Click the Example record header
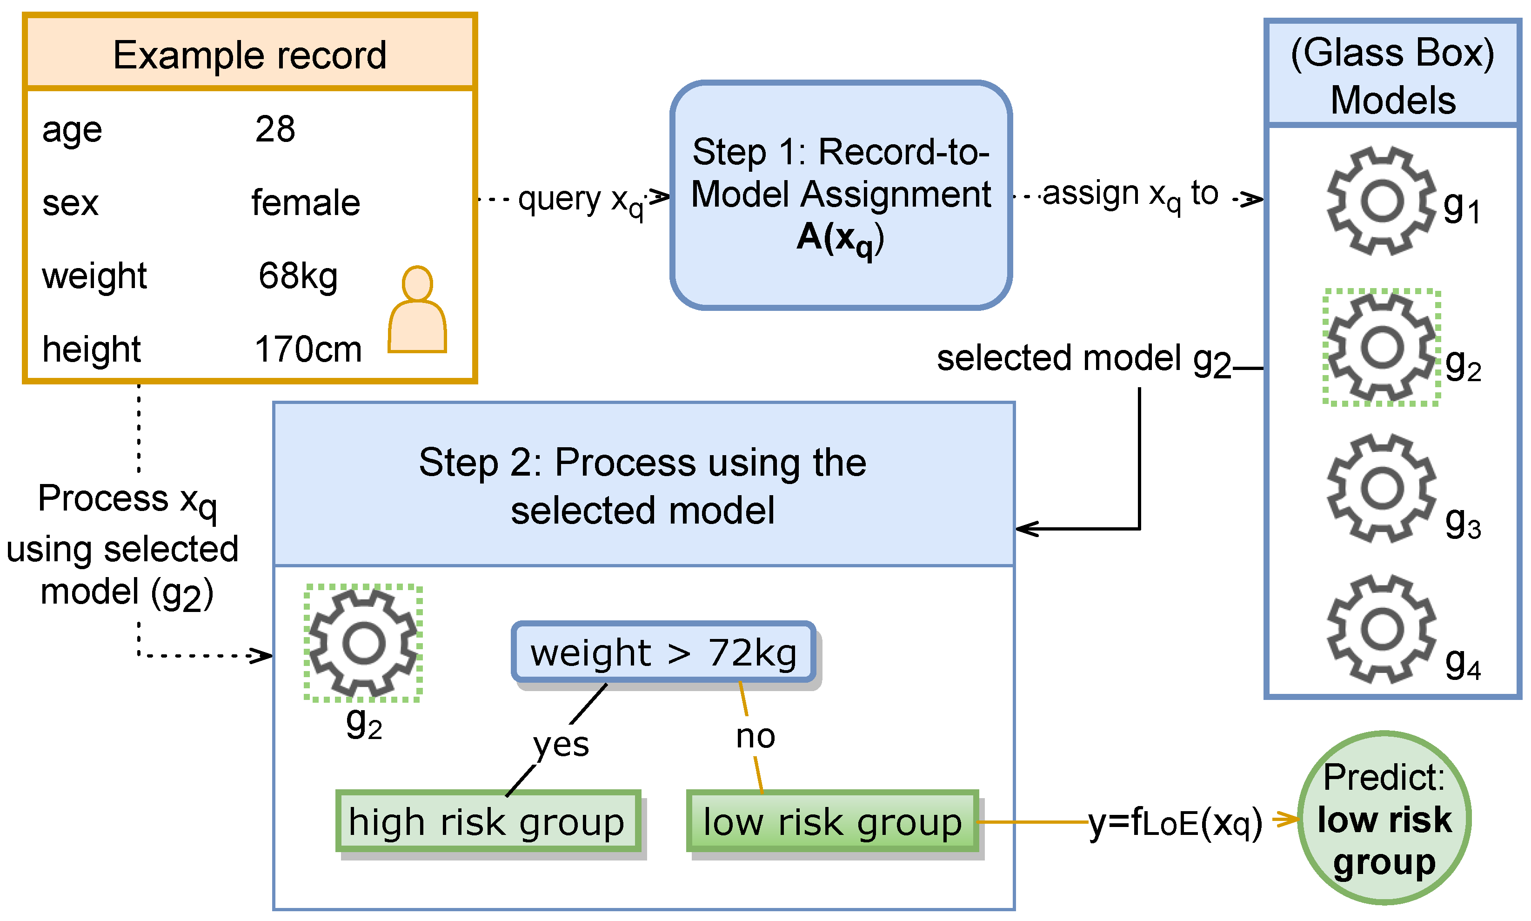click(249, 54)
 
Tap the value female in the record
click(305, 203)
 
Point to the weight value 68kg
click(298, 276)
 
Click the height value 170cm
click(308, 350)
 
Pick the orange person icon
click(417, 310)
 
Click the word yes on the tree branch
click(560, 744)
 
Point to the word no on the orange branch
click(755, 737)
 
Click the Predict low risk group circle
click(1384, 819)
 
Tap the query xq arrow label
click(581, 200)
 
